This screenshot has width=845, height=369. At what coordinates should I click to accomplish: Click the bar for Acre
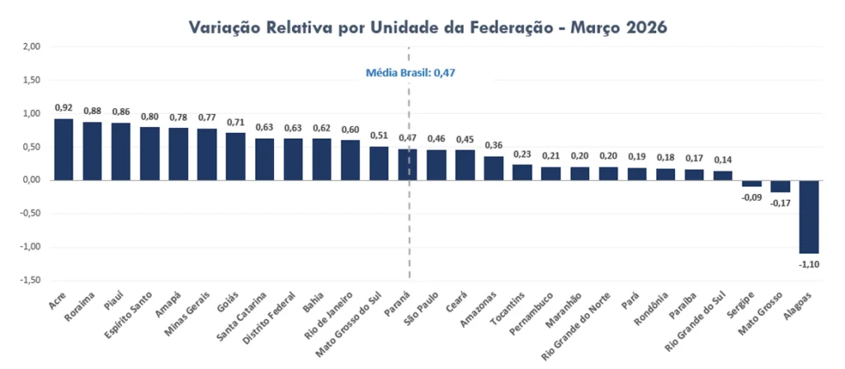[64, 149]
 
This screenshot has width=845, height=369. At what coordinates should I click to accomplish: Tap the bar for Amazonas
[493, 168]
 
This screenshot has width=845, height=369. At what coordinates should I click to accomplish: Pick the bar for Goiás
[235, 156]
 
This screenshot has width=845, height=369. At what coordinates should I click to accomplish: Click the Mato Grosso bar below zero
[780, 186]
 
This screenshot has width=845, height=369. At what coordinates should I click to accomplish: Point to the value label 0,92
[64, 107]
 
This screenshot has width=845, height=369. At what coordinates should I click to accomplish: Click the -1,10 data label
[809, 264]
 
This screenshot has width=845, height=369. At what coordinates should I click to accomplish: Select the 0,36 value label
[493, 145]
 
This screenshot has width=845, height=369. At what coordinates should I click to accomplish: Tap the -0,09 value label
[751, 197]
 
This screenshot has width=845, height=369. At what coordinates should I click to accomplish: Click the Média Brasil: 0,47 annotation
[411, 73]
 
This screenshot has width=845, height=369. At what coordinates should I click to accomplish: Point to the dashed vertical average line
[408, 248]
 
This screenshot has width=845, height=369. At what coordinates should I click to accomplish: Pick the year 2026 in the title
[636, 27]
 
